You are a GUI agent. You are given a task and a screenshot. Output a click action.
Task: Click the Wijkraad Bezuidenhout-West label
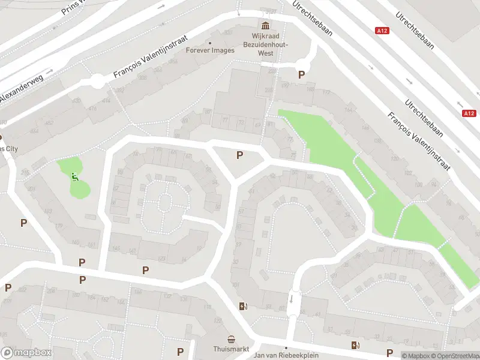[x=266, y=44]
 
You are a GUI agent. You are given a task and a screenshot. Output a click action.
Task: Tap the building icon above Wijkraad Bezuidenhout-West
[x=265, y=26]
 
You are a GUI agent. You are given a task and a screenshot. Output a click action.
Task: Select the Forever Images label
[x=209, y=50]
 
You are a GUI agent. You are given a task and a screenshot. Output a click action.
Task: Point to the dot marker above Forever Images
[x=209, y=43]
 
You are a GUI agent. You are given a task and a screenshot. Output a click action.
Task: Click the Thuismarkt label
[x=231, y=349]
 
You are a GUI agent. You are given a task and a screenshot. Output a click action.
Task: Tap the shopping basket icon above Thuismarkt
[x=232, y=339]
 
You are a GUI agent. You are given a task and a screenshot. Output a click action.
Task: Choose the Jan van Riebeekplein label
[x=286, y=355]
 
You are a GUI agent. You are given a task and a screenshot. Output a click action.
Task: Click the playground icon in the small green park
[x=74, y=176]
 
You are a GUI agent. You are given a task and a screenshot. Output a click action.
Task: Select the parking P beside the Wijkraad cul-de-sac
[x=301, y=75]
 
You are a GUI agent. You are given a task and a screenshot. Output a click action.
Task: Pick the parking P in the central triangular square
[x=239, y=155]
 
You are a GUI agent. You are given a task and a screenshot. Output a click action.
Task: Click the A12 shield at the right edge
[x=469, y=113]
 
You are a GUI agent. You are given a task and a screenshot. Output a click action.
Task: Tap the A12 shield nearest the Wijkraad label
[x=382, y=30]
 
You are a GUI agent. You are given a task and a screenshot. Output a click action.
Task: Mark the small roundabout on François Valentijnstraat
[x=97, y=82]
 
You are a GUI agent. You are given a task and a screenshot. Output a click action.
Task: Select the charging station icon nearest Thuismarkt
[x=242, y=306]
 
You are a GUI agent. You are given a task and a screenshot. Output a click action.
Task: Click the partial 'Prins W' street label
[x=73, y=7]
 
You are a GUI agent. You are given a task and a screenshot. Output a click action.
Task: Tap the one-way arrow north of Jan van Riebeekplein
[x=292, y=298]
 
